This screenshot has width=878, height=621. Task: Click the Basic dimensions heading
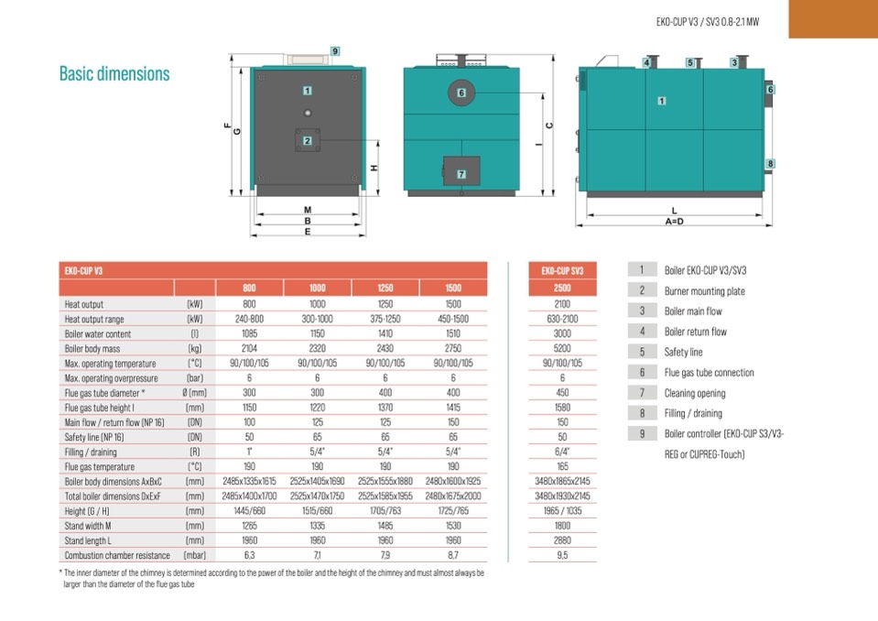pos(114,73)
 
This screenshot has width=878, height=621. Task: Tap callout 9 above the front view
pos(335,51)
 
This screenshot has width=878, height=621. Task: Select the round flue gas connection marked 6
pos(461,93)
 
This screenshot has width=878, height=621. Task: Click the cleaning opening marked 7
pos(461,172)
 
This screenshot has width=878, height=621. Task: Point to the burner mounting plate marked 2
pos(308,140)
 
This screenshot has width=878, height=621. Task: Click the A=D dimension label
pos(675,221)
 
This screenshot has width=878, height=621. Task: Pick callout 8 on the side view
pos(770,164)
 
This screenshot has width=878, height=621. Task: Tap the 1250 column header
pos(385,289)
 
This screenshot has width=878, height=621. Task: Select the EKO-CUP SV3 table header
pos(562,270)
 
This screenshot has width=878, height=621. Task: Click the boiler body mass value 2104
pos(249,348)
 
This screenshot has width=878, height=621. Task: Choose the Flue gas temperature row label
pos(99,466)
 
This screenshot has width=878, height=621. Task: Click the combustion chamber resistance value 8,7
pos(453,555)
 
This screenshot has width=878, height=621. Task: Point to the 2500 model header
pos(562,289)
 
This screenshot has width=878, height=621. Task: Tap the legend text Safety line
pos(683,352)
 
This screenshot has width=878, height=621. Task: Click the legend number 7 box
pos(643,392)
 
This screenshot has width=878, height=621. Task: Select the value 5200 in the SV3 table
pos(562,348)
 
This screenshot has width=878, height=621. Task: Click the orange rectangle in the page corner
pos(833,18)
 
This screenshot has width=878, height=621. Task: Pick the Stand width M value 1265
pos(249,526)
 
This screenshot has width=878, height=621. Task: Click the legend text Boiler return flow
pos(695,332)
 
